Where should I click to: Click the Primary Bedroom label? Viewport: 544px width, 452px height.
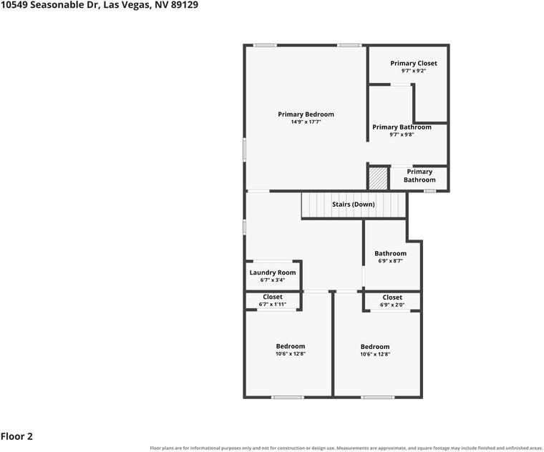(x=306, y=114)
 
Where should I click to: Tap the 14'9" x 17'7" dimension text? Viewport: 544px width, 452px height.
(x=306, y=122)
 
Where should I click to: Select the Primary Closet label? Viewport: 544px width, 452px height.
(x=414, y=64)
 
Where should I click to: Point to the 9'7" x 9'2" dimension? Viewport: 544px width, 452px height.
(x=414, y=71)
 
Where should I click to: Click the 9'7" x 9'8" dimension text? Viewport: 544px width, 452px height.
(x=402, y=134)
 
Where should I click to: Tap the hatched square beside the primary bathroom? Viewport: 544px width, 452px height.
(x=378, y=179)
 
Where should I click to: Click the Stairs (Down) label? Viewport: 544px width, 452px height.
(x=353, y=205)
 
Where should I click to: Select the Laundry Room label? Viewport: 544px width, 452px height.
(x=272, y=272)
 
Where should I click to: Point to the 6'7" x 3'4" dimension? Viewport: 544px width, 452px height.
(x=272, y=280)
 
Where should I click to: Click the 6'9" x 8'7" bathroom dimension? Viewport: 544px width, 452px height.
(x=390, y=260)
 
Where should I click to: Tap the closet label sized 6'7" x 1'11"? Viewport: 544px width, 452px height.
(x=272, y=297)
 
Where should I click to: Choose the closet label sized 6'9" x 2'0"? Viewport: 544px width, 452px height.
(x=392, y=298)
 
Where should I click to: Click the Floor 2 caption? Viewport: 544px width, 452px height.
(x=16, y=436)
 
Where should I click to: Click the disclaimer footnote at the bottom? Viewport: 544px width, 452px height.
(x=346, y=448)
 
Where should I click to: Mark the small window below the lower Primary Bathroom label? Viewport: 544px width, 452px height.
(x=430, y=191)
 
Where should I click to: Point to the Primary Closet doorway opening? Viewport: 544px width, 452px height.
(x=401, y=84)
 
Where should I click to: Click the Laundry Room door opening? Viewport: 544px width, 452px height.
(x=273, y=261)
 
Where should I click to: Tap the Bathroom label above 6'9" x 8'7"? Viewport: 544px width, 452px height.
(x=390, y=253)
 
